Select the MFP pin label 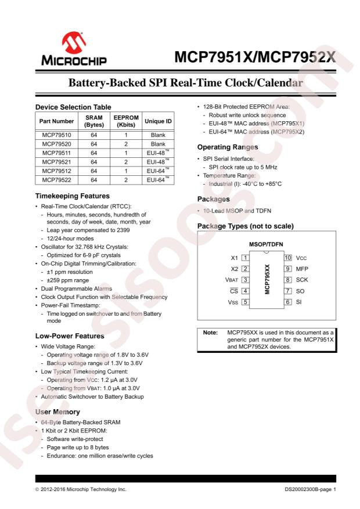[303, 269]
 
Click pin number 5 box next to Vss [246, 302]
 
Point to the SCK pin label [303, 280]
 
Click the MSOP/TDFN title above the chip [267, 244]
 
